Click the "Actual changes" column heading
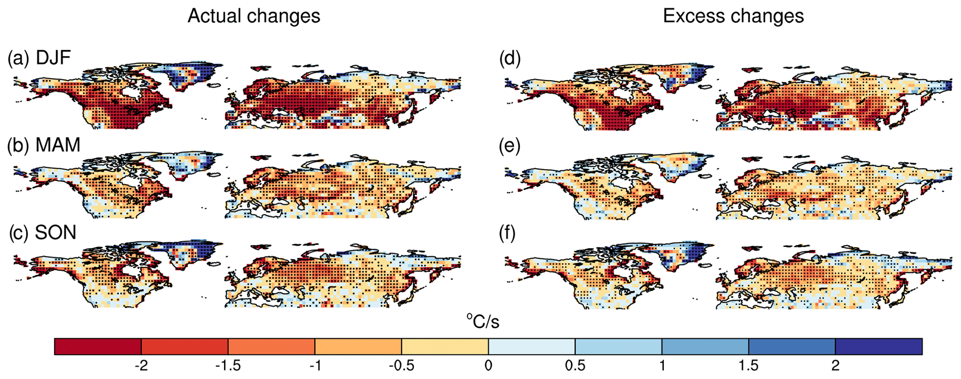click(x=254, y=16)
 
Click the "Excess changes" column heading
click(x=733, y=16)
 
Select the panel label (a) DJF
click(x=39, y=58)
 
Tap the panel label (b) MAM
click(x=44, y=145)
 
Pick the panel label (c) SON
click(x=43, y=232)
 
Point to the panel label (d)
click(x=510, y=58)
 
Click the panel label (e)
click(x=510, y=146)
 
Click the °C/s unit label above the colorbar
click(x=483, y=321)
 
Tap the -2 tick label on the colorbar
click(x=141, y=366)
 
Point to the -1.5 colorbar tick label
click(x=228, y=366)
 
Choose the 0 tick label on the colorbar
click(x=488, y=366)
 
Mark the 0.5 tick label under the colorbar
click(x=575, y=366)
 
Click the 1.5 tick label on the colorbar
click(x=749, y=366)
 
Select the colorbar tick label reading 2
click(x=835, y=366)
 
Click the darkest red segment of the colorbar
click(x=98, y=346)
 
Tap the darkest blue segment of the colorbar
click(x=879, y=346)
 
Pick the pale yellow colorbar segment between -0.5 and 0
click(x=445, y=346)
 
